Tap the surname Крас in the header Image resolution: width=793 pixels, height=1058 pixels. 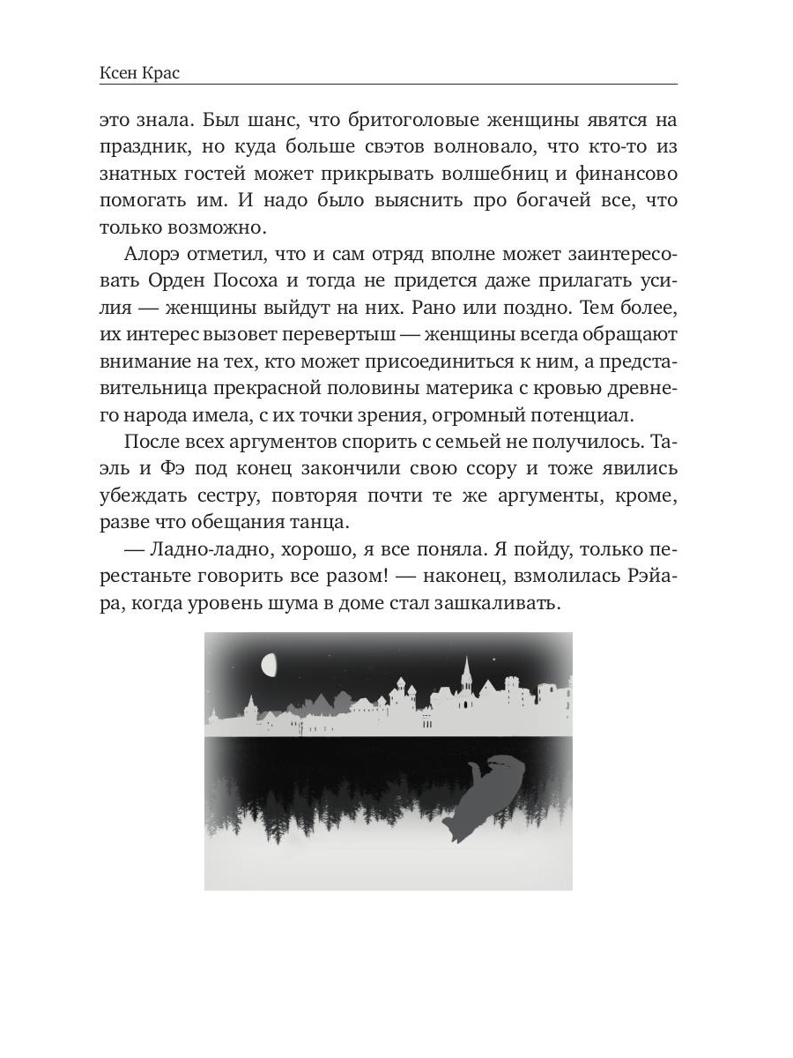[162, 72]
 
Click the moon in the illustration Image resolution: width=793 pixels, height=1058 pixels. [271, 664]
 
